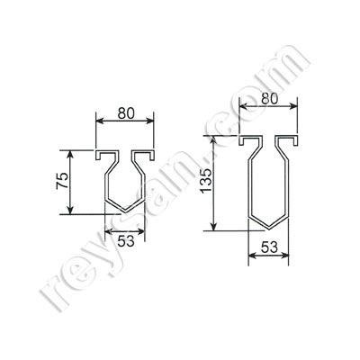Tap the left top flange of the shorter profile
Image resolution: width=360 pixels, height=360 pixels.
click(103, 155)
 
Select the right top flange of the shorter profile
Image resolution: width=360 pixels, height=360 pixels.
click(146, 155)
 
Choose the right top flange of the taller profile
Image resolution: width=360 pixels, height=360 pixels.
click(290, 141)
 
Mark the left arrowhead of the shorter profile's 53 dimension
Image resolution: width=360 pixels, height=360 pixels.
click(109, 231)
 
